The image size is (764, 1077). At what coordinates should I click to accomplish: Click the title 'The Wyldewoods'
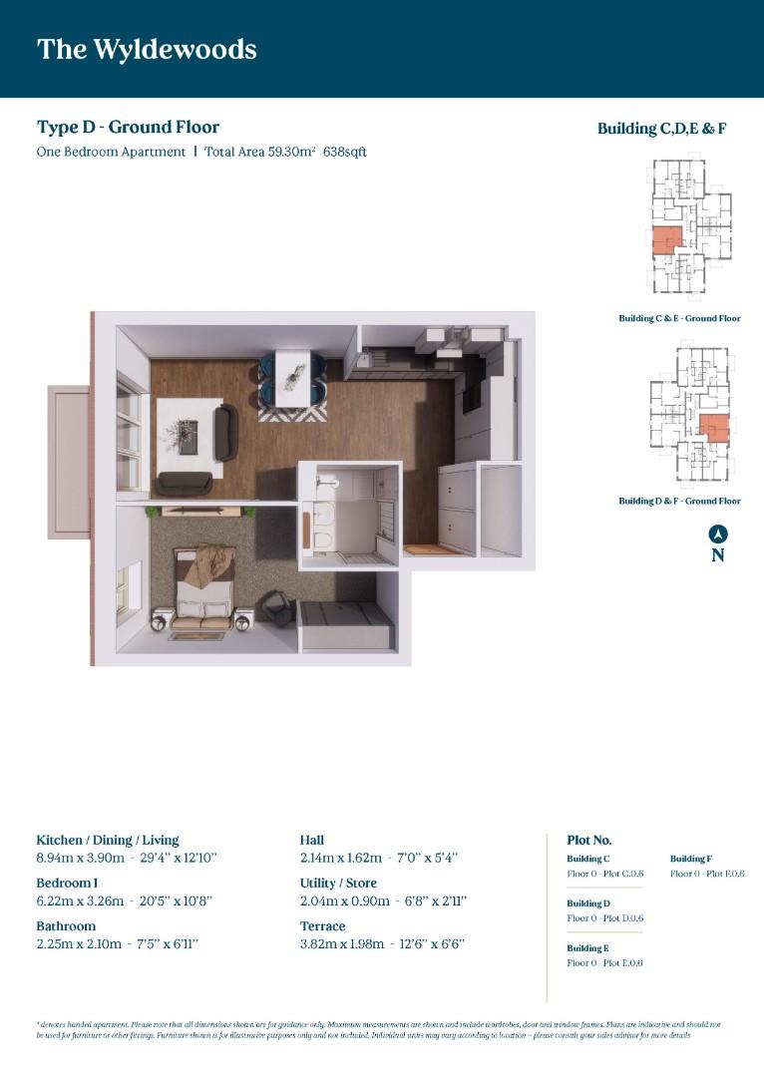147,49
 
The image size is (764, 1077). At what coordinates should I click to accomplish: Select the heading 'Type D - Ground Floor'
128,127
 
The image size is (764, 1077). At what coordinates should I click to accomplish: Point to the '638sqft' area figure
345,152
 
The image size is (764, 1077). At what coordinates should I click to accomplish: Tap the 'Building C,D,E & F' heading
661,128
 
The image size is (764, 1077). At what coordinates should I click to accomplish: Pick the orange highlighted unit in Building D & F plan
713,428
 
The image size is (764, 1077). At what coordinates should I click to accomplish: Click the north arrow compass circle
717,535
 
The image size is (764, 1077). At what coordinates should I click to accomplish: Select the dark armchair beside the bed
277,606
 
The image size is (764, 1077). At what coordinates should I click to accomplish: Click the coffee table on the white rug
188,435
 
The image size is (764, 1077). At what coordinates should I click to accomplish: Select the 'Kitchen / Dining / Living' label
108,840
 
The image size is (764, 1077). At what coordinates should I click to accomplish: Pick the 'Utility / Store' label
339,883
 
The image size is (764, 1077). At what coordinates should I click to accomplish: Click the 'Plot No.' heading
588,840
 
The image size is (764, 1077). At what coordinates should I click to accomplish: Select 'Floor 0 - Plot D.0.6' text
604,917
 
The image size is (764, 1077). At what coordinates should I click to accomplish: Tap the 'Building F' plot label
690,859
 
